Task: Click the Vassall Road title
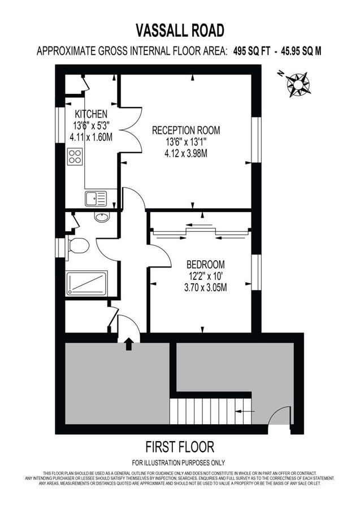[180, 29]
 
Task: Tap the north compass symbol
[297, 83]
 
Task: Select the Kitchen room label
[91, 114]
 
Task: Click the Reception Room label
[186, 130]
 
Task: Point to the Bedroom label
[206, 264]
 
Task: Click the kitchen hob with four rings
[75, 156]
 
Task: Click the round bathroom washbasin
[102, 217]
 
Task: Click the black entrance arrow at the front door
[128, 343]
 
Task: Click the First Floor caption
[180, 447]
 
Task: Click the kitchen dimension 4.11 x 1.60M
[91, 137]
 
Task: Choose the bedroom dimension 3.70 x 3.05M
[206, 287]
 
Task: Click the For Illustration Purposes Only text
[180, 462]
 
